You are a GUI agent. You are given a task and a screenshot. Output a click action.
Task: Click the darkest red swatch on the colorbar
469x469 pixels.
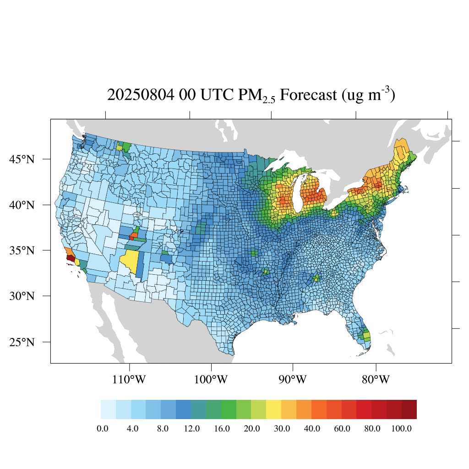click(x=409, y=409)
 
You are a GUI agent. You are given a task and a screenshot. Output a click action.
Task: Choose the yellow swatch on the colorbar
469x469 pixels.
click(x=273, y=409)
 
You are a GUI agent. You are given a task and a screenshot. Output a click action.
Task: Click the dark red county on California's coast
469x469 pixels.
click(x=71, y=258)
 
